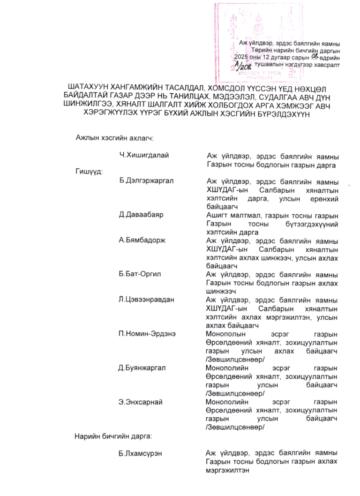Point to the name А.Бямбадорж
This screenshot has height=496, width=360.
[142, 241]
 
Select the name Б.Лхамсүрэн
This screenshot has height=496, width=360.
[141, 453]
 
